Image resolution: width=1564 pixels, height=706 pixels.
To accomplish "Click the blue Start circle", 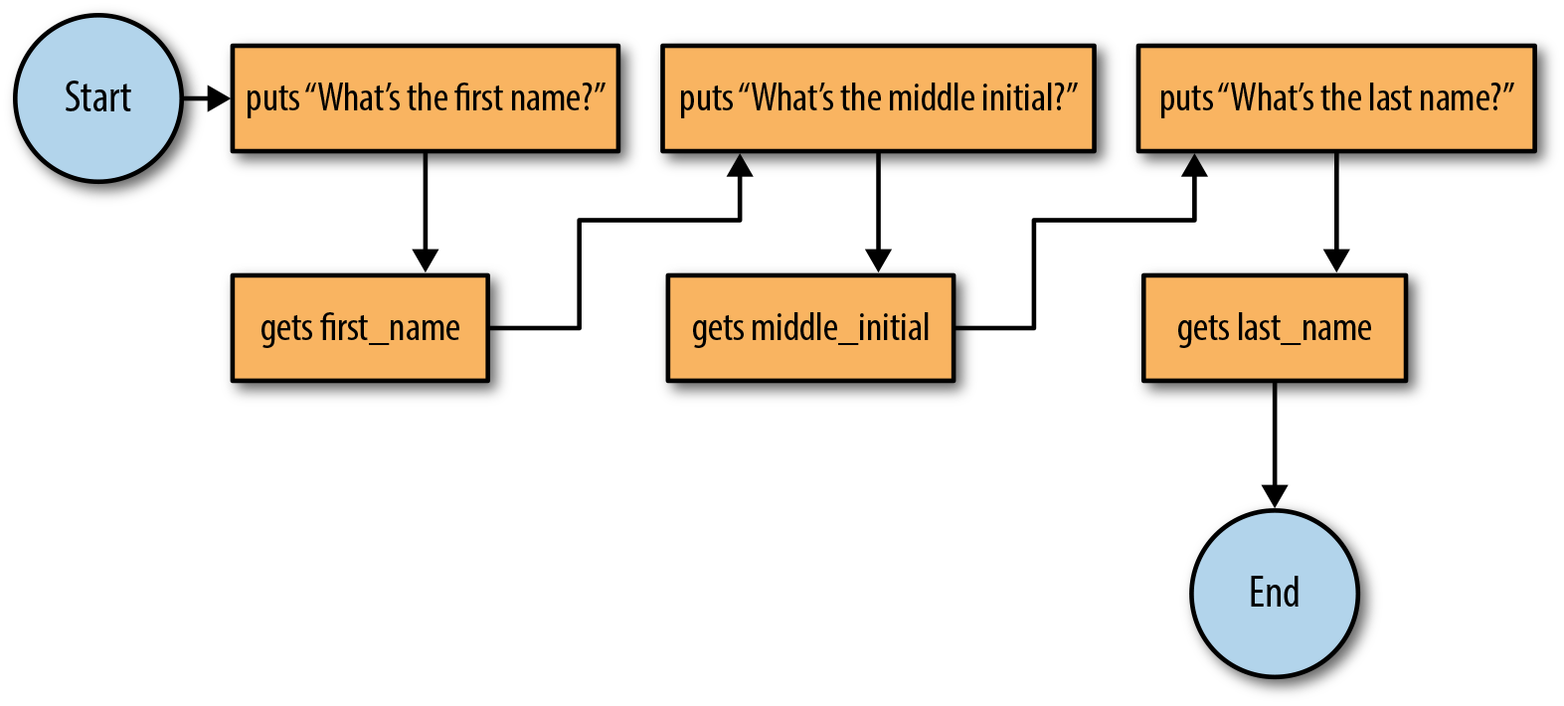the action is click(x=97, y=97).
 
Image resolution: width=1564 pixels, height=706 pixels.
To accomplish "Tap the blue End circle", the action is click(x=1275, y=594).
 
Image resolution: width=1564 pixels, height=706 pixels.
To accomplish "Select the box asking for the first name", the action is click(x=426, y=97).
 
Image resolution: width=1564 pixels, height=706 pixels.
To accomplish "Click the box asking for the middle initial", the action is click(x=878, y=97).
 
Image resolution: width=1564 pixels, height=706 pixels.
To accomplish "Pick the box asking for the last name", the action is click(x=1336, y=97).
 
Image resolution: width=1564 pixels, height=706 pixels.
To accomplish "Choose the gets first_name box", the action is click(x=360, y=327).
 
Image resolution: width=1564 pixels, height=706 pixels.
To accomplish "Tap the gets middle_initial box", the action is click(x=810, y=327).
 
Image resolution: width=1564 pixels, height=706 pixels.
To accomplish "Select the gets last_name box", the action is click(x=1275, y=327).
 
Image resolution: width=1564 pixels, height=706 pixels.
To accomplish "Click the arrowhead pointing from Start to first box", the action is click(x=219, y=98).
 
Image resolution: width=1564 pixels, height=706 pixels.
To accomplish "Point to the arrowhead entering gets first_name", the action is click(x=426, y=261).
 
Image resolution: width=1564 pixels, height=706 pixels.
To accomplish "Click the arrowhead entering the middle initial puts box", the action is click(x=740, y=165).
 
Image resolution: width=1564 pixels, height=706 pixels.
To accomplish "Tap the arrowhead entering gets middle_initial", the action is click(x=878, y=261).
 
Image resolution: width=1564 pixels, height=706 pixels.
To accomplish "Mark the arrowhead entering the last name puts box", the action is click(x=1195, y=165).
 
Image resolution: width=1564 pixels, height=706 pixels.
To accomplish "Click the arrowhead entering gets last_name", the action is click(x=1336, y=261).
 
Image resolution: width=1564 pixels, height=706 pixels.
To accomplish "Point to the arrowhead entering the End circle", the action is click(x=1275, y=496).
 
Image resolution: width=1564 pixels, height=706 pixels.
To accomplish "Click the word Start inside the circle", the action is click(x=97, y=97).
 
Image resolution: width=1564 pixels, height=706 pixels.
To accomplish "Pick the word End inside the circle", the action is click(x=1275, y=593).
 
